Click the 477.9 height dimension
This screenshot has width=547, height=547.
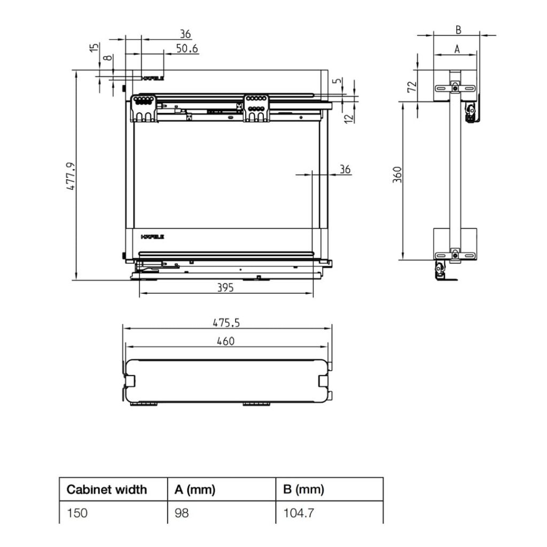(x=71, y=176)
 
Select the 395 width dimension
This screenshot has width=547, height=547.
(x=225, y=287)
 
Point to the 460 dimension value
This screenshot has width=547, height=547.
(x=225, y=341)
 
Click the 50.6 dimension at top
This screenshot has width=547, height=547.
(x=187, y=49)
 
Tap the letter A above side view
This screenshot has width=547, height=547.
(x=457, y=49)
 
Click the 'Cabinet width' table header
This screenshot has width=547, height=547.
(x=106, y=489)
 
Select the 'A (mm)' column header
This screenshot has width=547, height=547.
(x=194, y=489)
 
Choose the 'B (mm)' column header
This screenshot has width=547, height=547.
(x=303, y=489)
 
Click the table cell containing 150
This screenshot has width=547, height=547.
(x=77, y=514)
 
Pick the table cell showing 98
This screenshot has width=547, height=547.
(x=182, y=514)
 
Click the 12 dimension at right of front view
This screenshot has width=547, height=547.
(x=349, y=116)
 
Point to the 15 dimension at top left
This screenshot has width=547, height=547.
(x=94, y=48)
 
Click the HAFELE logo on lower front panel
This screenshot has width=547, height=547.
(x=153, y=236)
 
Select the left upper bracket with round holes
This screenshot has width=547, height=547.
(x=144, y=108)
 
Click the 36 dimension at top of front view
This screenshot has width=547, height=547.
(x=185, y=34)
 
